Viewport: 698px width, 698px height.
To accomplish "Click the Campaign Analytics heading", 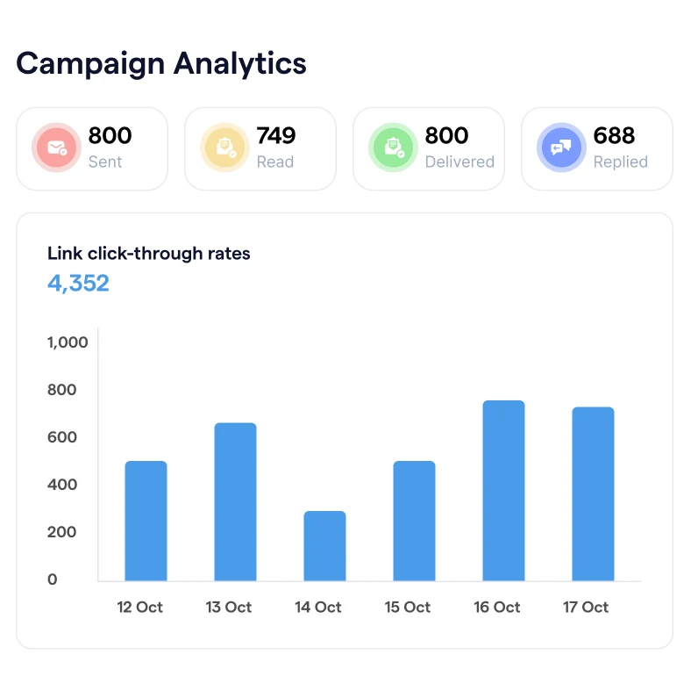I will [161, 63].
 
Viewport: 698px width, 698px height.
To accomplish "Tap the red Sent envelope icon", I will [56, 148].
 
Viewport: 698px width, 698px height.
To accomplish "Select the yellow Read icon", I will [224, 148].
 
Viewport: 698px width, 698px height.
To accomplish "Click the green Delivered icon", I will [393, 148].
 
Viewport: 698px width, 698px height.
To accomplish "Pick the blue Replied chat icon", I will [561, 148].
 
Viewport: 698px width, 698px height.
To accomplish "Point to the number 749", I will [276, 136].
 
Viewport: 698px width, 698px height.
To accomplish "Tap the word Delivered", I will [459, 162].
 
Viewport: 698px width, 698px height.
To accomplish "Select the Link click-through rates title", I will [148, 254].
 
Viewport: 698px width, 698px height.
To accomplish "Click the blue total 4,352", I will [78, 284].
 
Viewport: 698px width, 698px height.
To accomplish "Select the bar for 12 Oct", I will [146, 521].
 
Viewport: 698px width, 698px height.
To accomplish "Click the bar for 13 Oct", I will [235, 501].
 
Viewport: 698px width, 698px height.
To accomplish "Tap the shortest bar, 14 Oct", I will [324, 545].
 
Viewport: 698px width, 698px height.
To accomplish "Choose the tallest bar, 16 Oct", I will [503, 490].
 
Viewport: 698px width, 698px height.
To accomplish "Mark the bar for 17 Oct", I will [593, 493].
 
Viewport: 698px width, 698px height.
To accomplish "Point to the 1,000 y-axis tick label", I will [68, 342].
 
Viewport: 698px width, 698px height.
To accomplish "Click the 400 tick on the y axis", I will [63, 485].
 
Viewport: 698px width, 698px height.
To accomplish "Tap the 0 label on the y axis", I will [53, 579].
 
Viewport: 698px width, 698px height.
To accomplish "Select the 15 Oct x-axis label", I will [408, 608].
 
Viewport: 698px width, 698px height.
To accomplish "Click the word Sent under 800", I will [105, 162].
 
